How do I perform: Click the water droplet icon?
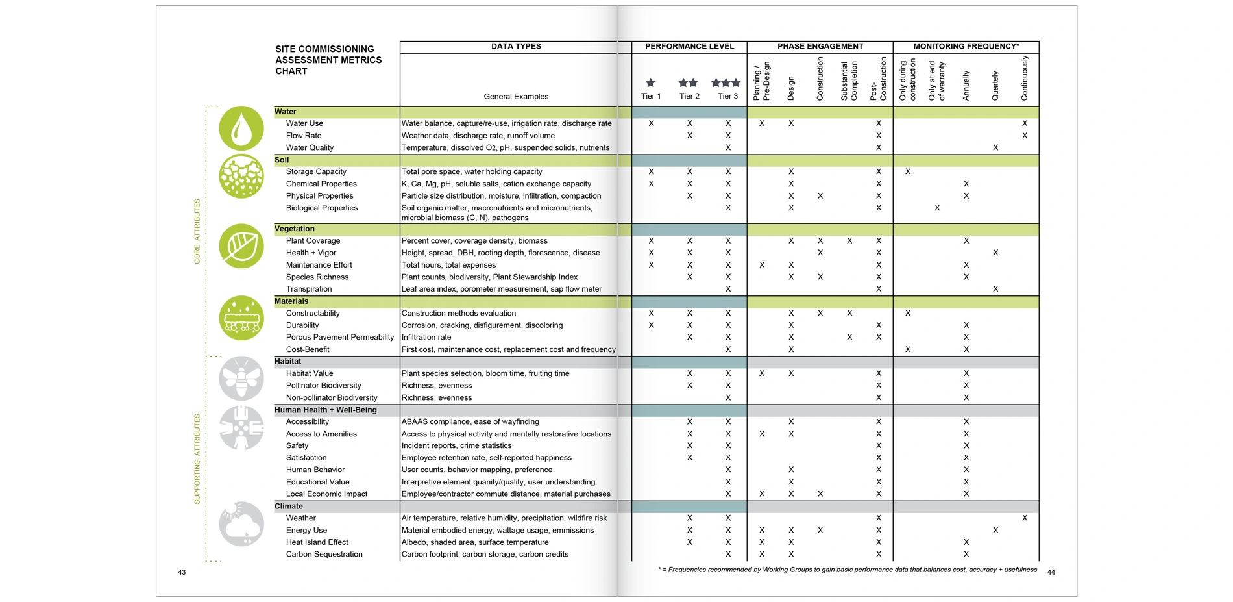tap(241, 129)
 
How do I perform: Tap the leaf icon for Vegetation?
tap(241, 246)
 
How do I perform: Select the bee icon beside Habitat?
tap(241, 378)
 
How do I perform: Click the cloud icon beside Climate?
tap(241, 523)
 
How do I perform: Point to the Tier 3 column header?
tap(727, 96)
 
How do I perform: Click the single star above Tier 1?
tap(650, 82)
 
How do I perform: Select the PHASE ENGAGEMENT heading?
tap(820, 47)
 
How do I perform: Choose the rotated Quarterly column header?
tap(995, 86)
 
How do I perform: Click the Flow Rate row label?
tap(304, 136)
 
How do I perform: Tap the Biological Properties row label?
tap(322, 208)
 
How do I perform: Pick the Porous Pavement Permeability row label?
tap(340, 337)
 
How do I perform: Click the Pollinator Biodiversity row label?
tap(324, 386)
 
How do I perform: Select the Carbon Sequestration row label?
tap(324, 554)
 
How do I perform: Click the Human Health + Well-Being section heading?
tap(326, 410)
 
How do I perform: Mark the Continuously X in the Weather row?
tap(1025, 518)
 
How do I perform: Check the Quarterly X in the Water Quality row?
tap(995, 148)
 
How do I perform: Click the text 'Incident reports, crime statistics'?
tap(456, 445)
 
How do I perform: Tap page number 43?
tap(182, 572)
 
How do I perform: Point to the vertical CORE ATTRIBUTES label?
tap(197, 231)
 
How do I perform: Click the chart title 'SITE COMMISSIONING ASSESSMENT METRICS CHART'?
tap(328, 60)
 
